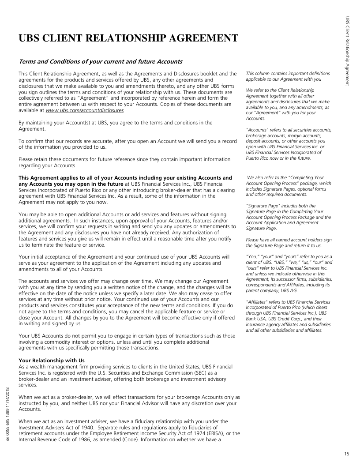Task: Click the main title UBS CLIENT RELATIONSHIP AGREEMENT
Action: coord(128,38)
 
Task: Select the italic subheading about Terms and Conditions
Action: coord(100,61)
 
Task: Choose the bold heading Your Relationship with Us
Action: coord(51,360)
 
